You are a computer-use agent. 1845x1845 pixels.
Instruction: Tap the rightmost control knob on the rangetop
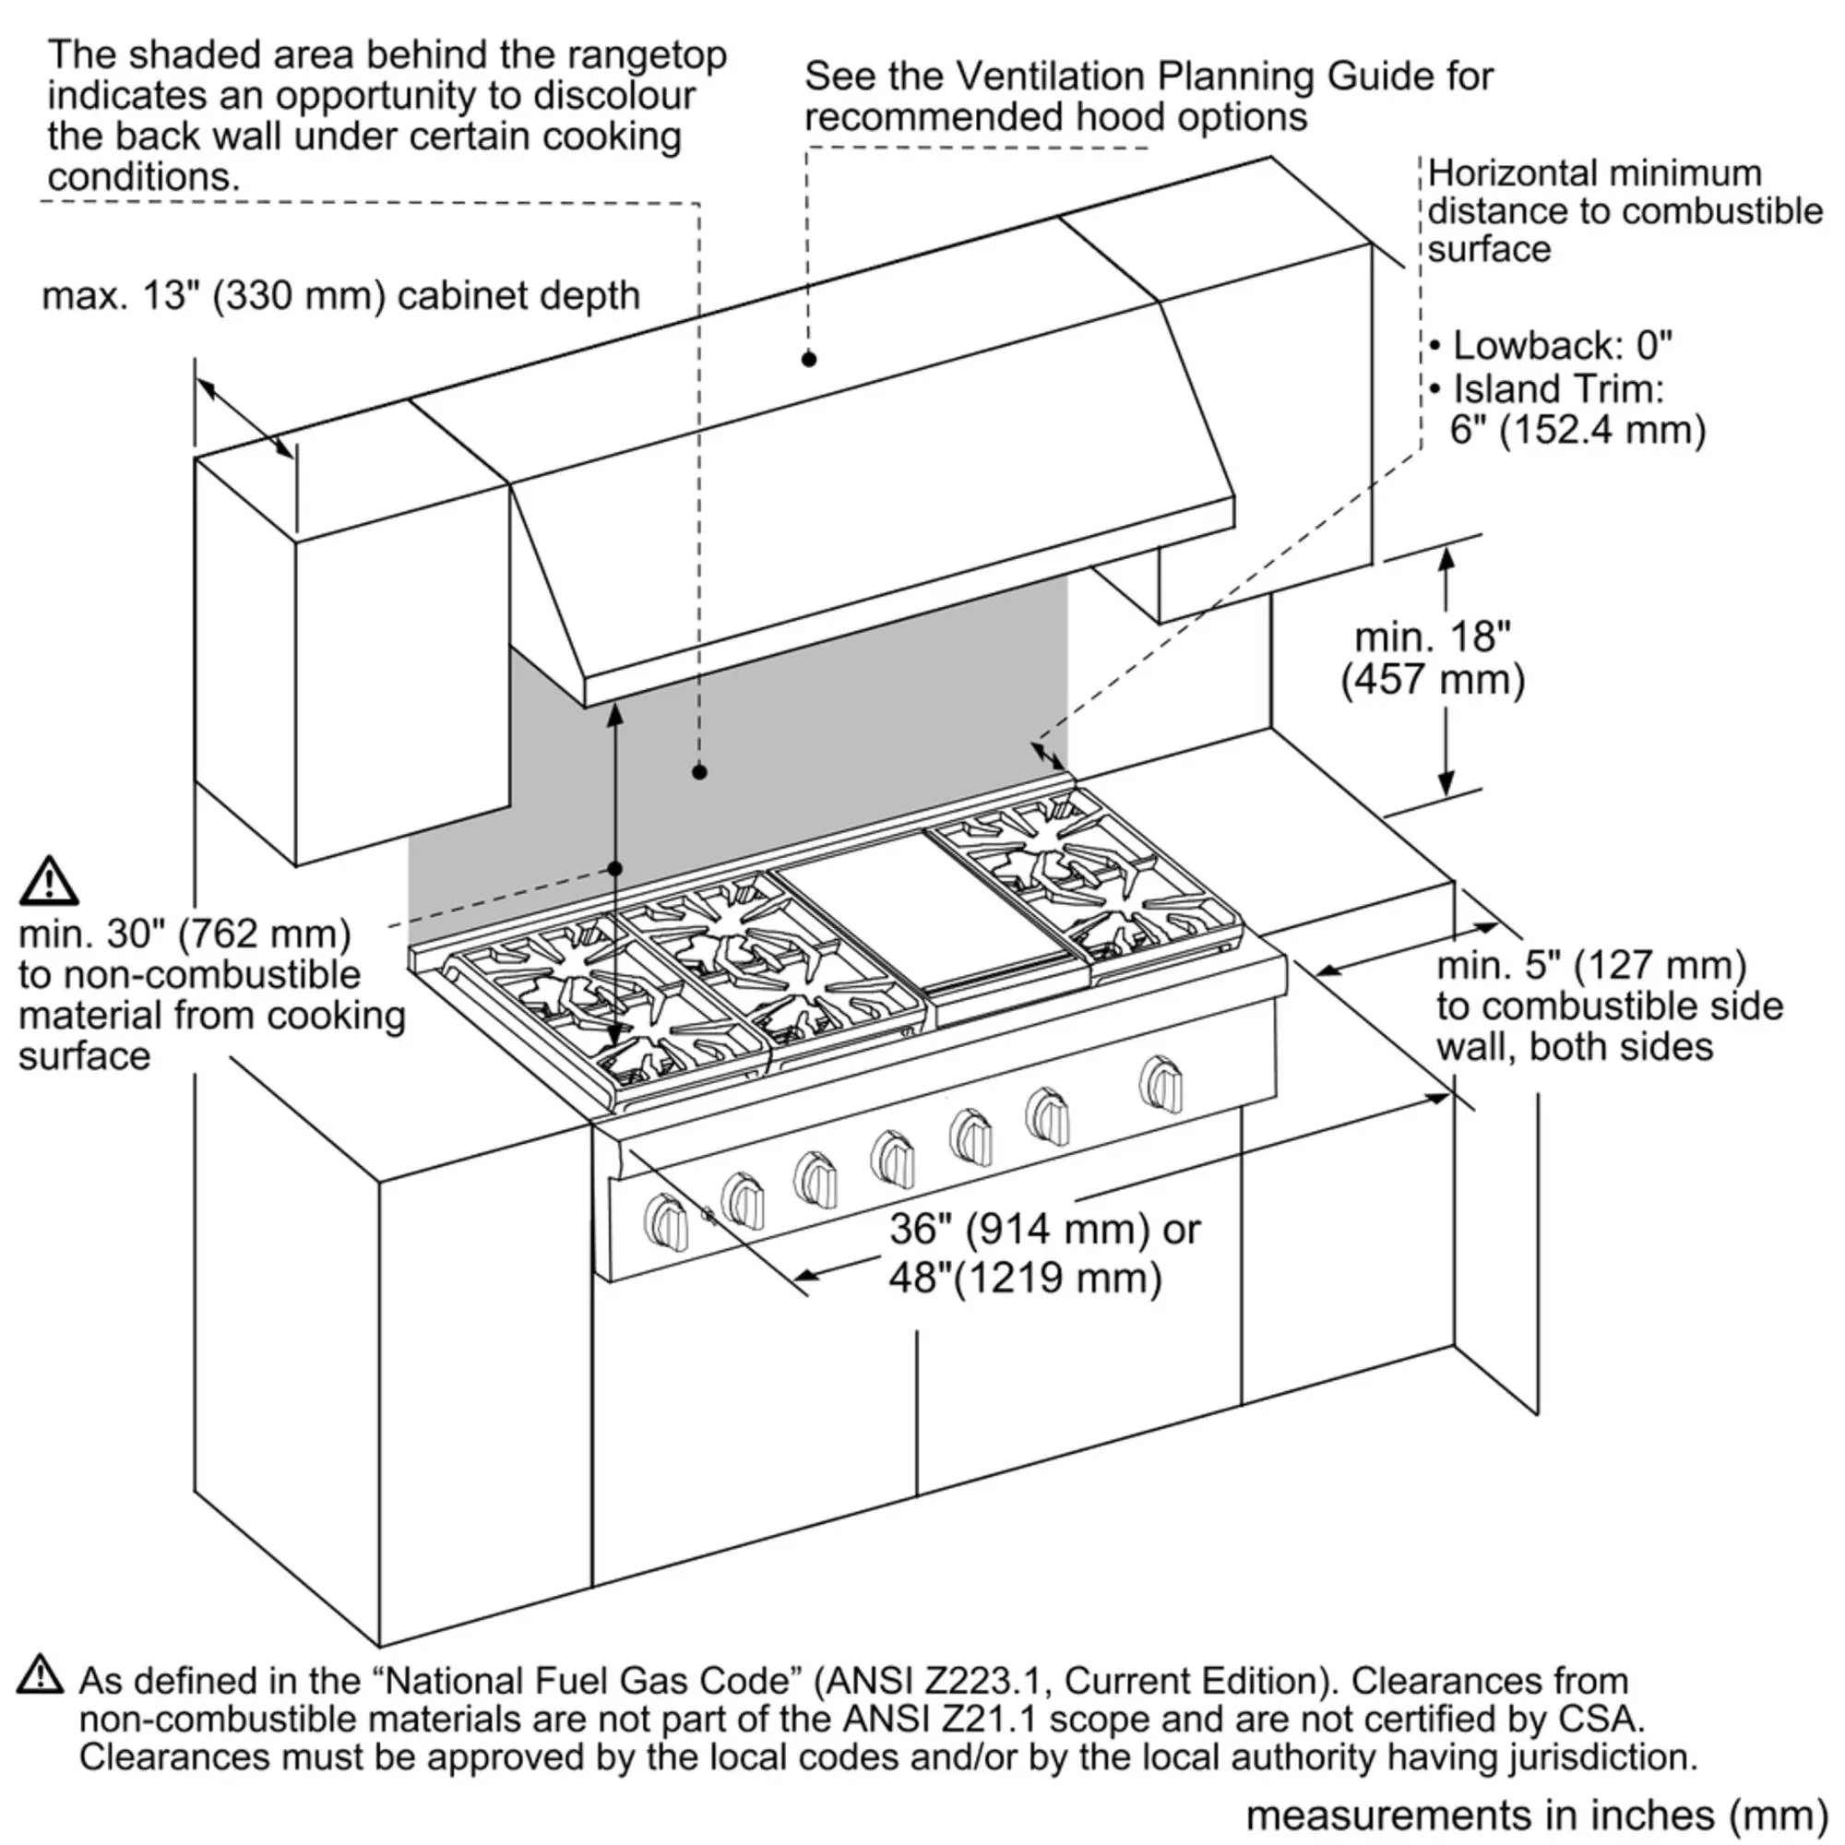[1161, 1084]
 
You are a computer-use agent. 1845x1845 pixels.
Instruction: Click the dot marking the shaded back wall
[699, 771]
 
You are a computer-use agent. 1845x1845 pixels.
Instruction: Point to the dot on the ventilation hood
[809, 359]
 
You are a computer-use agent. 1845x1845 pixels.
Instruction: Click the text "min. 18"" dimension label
[1433, 637]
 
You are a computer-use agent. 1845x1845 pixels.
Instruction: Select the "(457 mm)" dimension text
[1433, 680]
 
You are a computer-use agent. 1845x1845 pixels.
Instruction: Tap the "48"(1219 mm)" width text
[1026, 1278]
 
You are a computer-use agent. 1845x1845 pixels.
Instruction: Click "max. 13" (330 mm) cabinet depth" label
[341, 296]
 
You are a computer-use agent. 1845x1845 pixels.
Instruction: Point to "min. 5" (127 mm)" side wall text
[1591, 966]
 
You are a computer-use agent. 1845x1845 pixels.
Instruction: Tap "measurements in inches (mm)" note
[1537, 1815]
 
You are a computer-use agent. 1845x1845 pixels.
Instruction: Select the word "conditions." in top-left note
[143, 177]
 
